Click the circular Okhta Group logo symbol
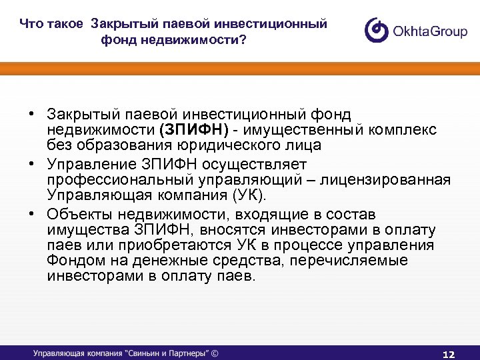tap(377, 31)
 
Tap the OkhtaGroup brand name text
tap(431, 31)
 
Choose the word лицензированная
tap(391, 180)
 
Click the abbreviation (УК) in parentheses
tap(247, 195)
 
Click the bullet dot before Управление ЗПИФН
tap(31, 163)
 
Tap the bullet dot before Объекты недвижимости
tap(31, 214)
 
